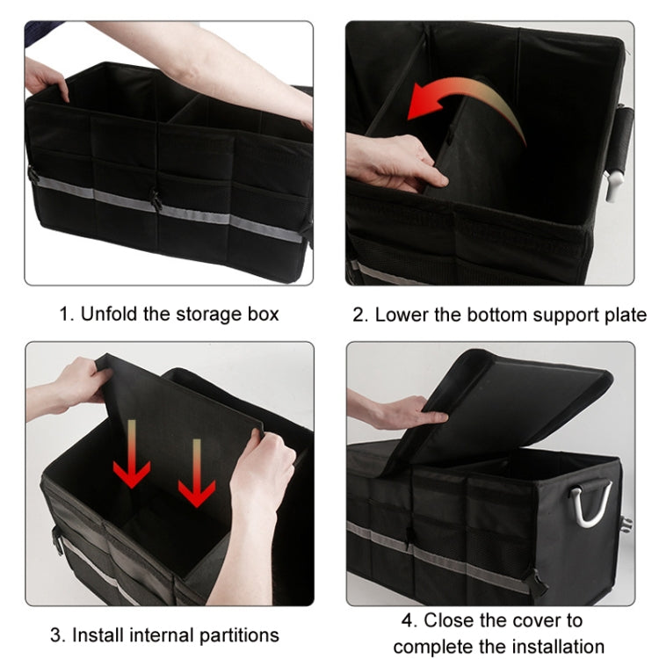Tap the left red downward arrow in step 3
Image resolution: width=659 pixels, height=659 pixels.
click(132, 457)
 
